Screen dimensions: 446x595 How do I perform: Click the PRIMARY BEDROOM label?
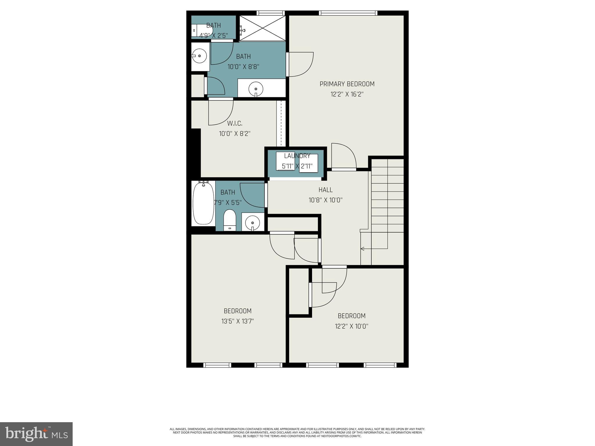point(347,84)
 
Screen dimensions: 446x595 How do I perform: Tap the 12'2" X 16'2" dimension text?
point(347,94)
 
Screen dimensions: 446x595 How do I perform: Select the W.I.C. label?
point(235,123)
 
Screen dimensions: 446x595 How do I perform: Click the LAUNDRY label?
point(297,156)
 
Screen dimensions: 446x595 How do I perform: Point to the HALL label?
point(325,190)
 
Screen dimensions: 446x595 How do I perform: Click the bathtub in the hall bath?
point(203,203)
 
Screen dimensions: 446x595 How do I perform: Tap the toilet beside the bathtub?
point(230,220)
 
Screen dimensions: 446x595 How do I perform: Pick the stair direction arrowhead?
point(362,249)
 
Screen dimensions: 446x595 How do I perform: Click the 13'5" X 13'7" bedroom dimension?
point(237,321)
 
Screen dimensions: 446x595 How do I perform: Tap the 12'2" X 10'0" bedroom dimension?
point(352,326)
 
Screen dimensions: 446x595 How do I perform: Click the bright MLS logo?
point(36,434)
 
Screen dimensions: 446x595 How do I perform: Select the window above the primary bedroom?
point(348,13)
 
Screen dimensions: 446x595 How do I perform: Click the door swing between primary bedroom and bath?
point(301,64)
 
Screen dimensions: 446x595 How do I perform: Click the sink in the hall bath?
point(252,223)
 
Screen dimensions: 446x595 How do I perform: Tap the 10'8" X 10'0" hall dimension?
point(325,200)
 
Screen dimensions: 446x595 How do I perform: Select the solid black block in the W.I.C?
point(196,152)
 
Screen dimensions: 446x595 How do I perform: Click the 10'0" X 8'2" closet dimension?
point(235,134)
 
